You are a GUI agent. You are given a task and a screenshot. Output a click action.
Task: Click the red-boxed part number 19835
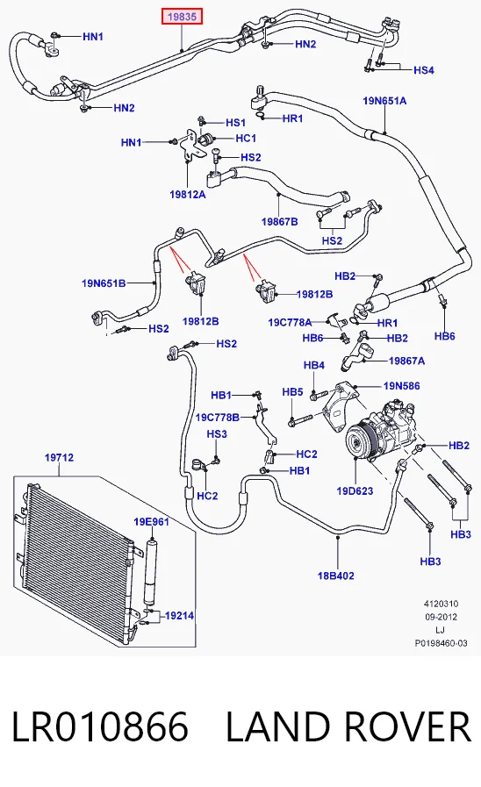182,17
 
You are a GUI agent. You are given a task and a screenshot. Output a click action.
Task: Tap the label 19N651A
384,101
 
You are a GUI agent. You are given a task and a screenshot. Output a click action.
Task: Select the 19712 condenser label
59,457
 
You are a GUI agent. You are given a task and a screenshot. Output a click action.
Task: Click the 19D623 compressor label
355,490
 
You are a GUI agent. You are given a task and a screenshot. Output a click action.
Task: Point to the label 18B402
336,576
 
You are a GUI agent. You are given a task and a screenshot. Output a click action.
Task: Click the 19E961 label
151,522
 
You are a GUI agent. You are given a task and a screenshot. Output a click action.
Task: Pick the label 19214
179,615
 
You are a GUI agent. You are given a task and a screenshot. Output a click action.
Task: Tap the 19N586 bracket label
402,386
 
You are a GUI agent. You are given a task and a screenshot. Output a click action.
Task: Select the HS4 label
424,70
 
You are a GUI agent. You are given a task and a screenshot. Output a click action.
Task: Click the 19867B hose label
280,221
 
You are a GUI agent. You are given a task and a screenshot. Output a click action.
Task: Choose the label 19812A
188,194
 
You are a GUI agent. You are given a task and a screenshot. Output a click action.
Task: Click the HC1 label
246,138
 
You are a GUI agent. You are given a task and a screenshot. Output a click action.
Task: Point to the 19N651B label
104,283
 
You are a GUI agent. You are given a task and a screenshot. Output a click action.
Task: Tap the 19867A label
406,361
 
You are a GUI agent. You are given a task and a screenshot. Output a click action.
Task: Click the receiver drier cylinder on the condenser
150,573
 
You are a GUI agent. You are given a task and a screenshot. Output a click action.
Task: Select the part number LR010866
100,726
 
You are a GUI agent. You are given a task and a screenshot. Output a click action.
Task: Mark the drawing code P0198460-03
441,643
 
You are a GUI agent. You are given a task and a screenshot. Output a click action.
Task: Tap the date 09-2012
441,617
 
